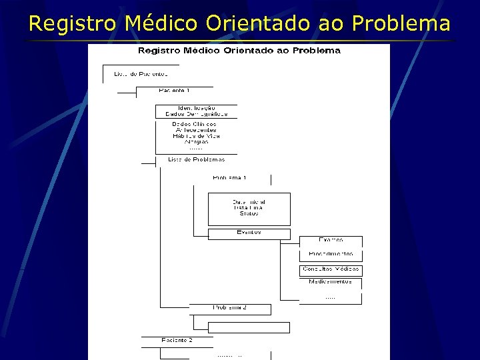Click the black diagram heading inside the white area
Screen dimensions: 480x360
pos(239,51)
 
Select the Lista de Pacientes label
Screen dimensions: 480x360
pos(141,73)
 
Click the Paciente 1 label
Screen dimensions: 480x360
pos(174,90)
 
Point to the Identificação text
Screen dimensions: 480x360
pos(196,107)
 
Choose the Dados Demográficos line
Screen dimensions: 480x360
pos(196,114)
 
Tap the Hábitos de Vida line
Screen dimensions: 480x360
pos(196,136)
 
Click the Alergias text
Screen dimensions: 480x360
pos(196,142)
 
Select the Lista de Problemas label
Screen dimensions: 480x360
pos(196,159)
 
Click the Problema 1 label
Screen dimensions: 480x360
pos(229,178)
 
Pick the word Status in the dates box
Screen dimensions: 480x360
pos(249,213)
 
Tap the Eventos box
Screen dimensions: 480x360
pos(249,233)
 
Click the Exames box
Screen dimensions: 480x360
pos(331,239)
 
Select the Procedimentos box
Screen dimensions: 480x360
pos(331,255)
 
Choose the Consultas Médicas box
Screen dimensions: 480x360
pos(331,269)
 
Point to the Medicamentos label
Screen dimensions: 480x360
pos(331,282)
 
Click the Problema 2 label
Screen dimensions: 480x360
pos(230,307)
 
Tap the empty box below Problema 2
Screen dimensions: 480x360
pos(249,327)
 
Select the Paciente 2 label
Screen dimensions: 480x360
pos(177,340)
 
